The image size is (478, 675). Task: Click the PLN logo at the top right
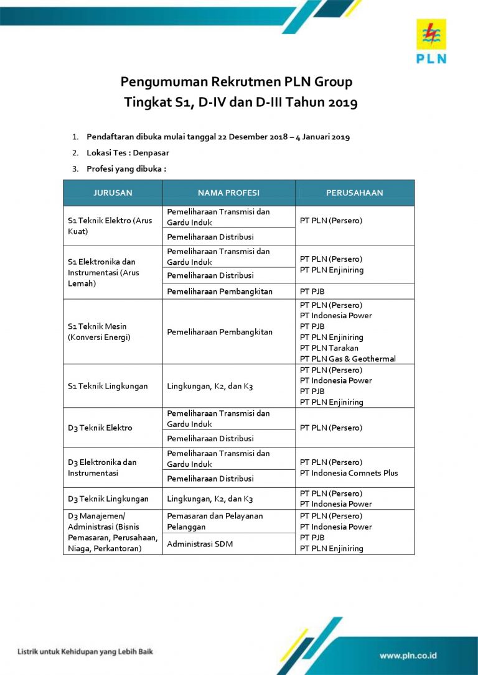431,40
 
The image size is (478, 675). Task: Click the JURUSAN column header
113,193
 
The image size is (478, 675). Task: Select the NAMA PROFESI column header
228,193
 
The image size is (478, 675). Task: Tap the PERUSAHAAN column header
354,193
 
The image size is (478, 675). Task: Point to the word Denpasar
154,152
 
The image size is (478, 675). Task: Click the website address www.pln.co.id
408,655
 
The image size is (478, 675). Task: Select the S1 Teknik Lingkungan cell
108,386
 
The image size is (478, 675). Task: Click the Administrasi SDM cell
198,544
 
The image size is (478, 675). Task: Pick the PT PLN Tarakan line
329,348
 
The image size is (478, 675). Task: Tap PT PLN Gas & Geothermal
347,359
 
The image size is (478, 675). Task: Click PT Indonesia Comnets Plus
349,473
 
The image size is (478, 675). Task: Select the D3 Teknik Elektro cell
100,428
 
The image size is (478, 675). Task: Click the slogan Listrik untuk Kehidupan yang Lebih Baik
85,652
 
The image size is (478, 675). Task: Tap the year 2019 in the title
340,103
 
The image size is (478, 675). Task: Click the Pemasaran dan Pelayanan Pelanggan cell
215,521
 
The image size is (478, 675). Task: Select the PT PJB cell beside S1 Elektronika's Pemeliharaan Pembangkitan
312,292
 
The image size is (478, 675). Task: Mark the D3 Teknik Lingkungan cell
108,498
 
